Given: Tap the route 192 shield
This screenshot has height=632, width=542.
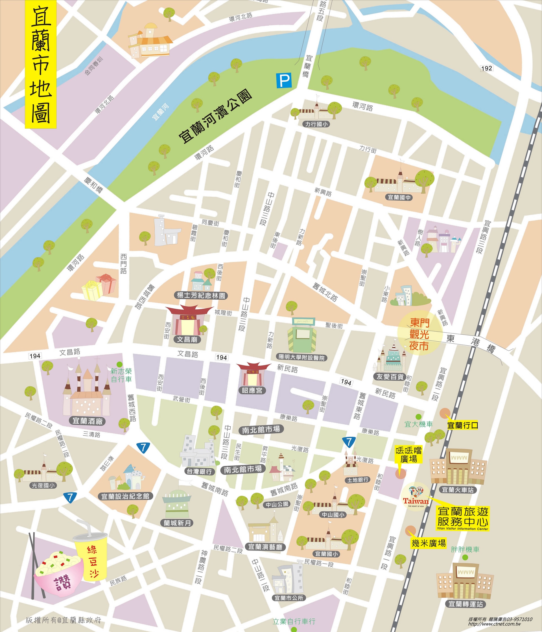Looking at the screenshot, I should click(486, 68).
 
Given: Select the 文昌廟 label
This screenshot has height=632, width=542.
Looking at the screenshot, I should click(187, 339).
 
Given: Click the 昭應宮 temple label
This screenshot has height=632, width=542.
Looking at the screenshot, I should click(252, 390).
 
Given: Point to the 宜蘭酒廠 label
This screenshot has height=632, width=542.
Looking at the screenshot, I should click(88, 421).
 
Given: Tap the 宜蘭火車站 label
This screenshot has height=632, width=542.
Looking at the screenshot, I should click(458, 490).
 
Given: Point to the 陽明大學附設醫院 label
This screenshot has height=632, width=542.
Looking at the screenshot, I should click(301, 357).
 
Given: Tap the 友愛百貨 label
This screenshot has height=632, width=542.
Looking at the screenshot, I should click(390, 376).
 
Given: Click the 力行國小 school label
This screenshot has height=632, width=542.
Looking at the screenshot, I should click(316, 124).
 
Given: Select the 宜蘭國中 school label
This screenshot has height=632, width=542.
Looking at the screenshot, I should click(399, 197).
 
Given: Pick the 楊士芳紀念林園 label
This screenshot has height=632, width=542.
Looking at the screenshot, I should click(202, 295).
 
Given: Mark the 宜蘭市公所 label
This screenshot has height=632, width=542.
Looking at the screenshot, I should click(289, 598).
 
